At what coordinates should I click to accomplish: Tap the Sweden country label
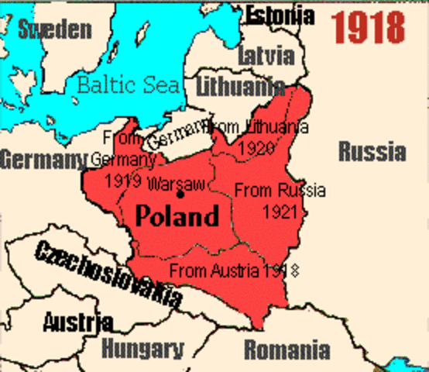click(54, 30)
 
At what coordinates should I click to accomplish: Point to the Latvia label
click(266, 56)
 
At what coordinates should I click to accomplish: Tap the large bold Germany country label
click(43, 160)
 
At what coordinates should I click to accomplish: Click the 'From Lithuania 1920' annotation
click(259, 135)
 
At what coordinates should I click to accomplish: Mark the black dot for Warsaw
click(180, 194)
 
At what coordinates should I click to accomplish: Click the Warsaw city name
click(175, 184)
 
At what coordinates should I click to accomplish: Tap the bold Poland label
click(177, 215)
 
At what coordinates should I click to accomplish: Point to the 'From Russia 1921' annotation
click(280, 200)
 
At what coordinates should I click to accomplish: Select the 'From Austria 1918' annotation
click(234, 270)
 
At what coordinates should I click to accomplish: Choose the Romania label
click(287, 350)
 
